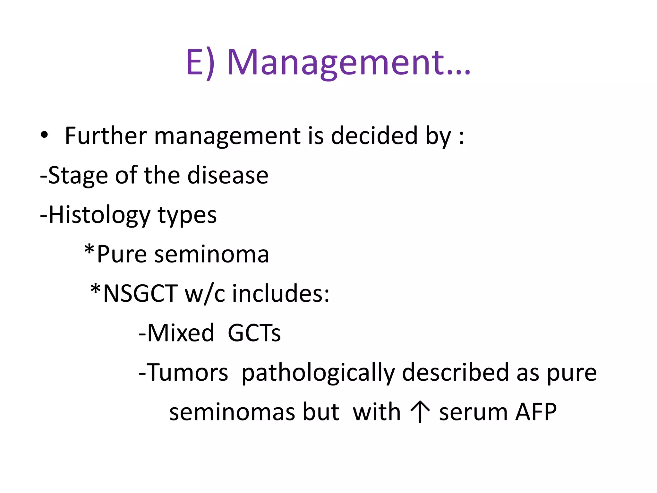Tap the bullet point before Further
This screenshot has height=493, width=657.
[x=44, y=135]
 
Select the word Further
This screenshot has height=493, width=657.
[x=106, y=136]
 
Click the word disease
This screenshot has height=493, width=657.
[x=227, y=175]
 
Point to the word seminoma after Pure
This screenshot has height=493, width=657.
[x=211, y=254]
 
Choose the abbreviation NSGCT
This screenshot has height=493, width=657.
[x=140, y=294]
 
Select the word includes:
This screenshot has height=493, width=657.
[x=281, y=294]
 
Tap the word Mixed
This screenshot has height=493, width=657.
[x=180, y=333]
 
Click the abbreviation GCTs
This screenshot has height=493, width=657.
[x=254, y=333]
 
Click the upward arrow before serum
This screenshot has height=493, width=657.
[x=420, y=412]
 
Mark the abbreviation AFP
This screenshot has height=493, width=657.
[x=536, y=412]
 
